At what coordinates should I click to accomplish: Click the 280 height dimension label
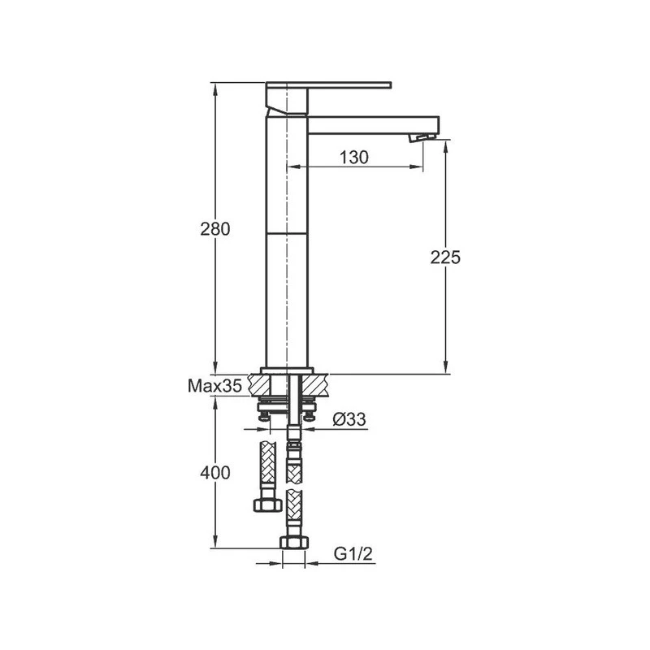(x=216, y=229)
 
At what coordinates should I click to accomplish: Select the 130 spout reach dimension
(x=354, y=158)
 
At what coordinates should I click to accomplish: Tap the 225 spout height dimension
(x=445, y=258)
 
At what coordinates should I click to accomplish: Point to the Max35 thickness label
(x=215, y=387)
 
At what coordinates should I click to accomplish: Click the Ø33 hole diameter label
(x=350, y=419)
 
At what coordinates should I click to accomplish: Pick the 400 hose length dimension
(x=216, y=472)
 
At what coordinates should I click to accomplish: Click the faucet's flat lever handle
(x=329, y=84)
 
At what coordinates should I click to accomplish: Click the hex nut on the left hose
(x=267, y=505)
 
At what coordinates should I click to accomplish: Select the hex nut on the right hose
(x=293, y=542)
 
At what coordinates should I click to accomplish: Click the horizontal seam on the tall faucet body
(x=288, y=233)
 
